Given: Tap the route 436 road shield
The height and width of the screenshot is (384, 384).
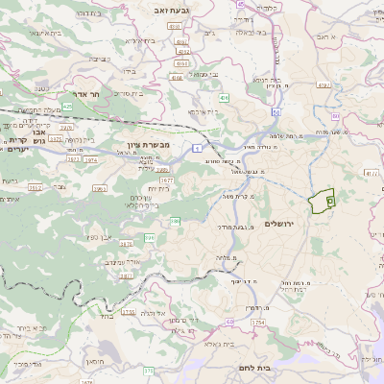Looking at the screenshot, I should [224, 98].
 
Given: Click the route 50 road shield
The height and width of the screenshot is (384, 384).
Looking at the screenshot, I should [276, 112].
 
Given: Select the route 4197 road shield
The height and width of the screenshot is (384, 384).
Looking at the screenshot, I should [323, 84].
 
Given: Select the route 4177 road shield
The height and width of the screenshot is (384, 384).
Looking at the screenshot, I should [372, 173].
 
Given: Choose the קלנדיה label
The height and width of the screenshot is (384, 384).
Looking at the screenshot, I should [240, 18].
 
